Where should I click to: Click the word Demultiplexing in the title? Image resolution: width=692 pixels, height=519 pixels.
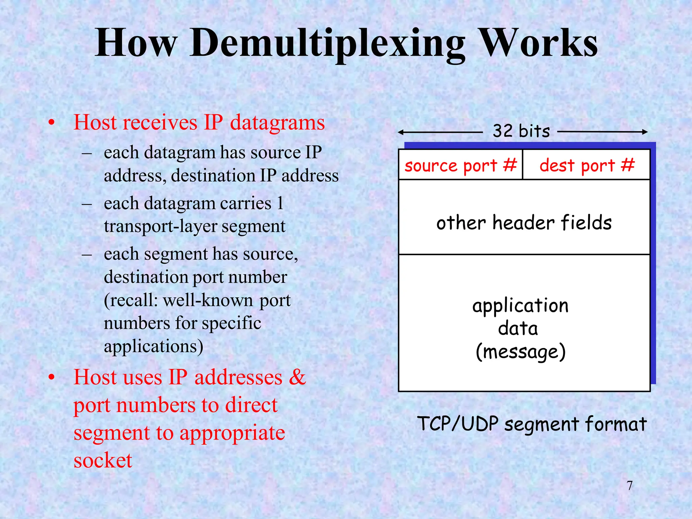pos(327,44)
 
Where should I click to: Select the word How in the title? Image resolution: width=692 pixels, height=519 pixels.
pos(136,44)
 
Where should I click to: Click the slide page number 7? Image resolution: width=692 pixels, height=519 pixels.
pos(629,486)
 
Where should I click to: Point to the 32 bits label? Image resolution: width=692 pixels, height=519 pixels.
pos(521,131)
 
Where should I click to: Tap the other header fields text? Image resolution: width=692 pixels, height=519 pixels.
pos(524,223)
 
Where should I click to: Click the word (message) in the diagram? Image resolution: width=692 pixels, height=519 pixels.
pos(520,351)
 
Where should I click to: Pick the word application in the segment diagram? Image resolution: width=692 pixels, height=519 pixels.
pos(520,306)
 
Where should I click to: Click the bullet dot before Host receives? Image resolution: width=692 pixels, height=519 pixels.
pos(51,123)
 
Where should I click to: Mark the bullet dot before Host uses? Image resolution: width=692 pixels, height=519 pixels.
pos(51,378)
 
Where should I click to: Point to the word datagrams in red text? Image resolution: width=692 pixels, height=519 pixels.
pos(277,122)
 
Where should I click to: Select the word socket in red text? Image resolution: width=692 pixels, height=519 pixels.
pos(103,460)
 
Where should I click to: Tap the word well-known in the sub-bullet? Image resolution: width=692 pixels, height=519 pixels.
pos(208,300)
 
